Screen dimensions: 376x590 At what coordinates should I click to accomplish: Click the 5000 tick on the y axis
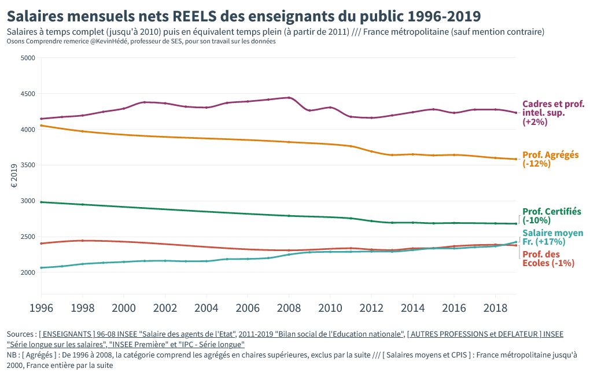(x=28, y=58)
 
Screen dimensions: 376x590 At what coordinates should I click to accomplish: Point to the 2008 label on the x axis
(x=289, y=307)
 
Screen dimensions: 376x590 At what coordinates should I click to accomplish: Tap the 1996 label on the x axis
(x=41, y=307)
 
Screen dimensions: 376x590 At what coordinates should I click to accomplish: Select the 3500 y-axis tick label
(x=28, y=165)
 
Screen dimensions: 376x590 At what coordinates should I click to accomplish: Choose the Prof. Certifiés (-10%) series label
(x=551, y=216)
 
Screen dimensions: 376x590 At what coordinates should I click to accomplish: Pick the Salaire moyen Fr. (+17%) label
(x=551, y=237)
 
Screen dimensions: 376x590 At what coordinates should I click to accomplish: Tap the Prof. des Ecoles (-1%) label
(x=549, y=259)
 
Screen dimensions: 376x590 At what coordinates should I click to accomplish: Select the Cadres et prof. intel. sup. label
(x=553, y=113)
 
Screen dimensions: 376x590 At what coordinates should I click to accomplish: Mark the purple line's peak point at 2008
(x=289, y=98)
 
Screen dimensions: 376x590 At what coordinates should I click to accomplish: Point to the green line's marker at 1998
(x=83, y=204)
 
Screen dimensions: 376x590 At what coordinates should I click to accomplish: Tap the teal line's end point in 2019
(x=516, y=242)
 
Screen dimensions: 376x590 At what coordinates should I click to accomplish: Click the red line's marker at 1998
(x=83, y=241)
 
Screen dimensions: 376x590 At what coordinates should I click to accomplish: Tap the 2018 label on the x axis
(x=495, y=307)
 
